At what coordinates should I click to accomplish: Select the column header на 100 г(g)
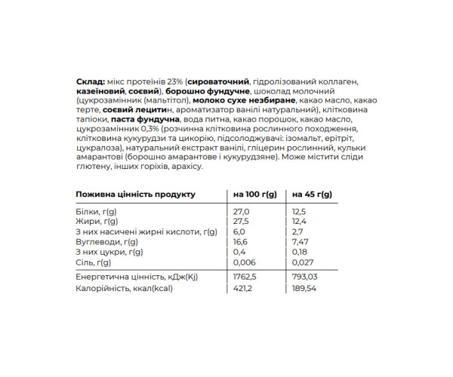click(257, 195)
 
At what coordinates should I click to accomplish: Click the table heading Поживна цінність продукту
click(136, 195)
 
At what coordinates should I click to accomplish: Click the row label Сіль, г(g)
click(94, 262)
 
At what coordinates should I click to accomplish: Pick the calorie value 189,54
click(306, 287)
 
